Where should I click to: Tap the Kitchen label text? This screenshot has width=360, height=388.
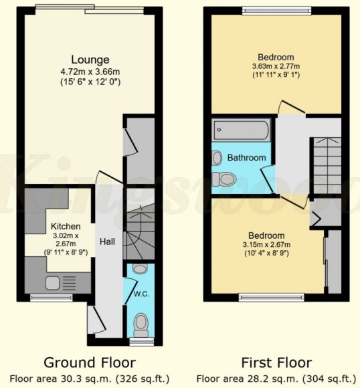(66, 227)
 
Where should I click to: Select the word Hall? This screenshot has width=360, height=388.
(106, 241)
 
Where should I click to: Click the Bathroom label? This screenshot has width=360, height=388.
(246, 158)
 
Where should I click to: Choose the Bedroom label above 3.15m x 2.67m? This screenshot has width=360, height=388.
(266, 235)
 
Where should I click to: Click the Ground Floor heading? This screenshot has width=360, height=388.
(90, 363)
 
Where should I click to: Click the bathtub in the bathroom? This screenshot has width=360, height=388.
(241, 128)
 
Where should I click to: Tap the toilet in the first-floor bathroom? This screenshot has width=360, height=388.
(223, 179)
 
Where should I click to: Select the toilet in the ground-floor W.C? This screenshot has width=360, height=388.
(140, 324)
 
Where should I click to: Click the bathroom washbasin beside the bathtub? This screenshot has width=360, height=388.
(217, 158)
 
